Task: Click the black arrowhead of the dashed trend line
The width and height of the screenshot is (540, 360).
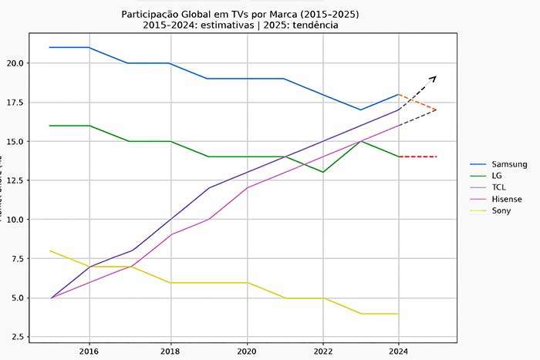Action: (x=434, y=78)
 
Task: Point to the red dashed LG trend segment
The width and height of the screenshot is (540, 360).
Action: (x=417, y=156)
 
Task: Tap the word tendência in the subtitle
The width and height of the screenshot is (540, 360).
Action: (x=311, y=25)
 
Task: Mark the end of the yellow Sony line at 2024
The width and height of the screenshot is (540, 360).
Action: (x=398, y=314)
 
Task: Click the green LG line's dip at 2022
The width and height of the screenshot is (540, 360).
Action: (x=322, y=172)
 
